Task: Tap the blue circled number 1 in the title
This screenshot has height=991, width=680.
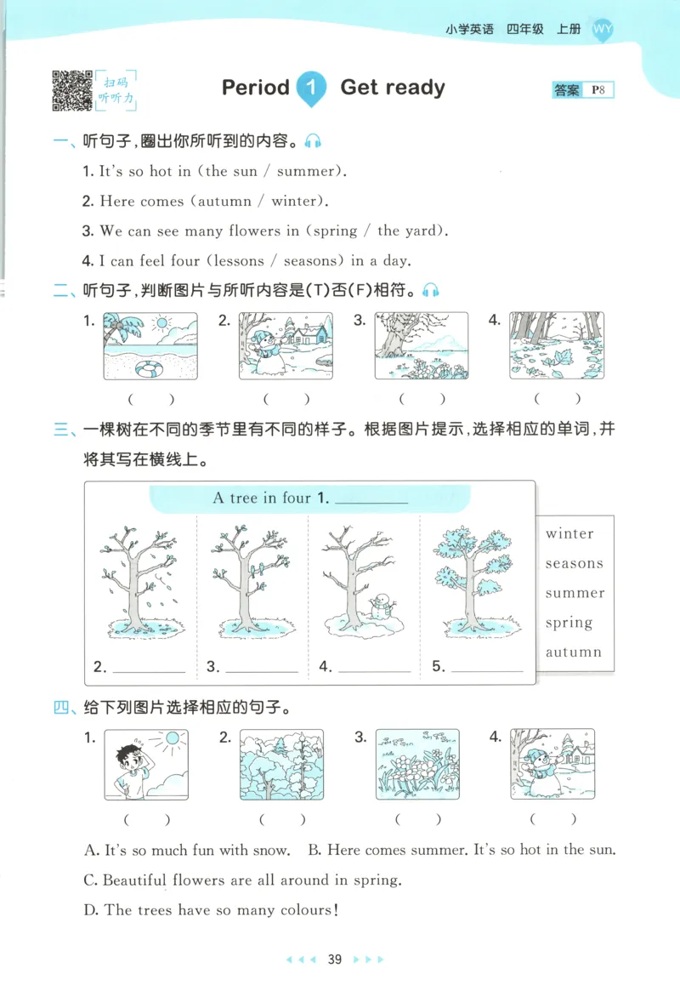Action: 313,88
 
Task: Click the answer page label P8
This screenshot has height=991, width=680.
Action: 598,90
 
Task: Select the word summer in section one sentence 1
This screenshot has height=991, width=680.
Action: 306,171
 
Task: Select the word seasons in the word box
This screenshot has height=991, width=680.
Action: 574,564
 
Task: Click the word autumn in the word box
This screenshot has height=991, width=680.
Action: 573,652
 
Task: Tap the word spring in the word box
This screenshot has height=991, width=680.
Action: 569,623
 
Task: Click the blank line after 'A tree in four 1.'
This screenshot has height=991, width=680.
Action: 372,500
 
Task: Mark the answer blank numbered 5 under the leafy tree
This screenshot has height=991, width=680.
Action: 487,669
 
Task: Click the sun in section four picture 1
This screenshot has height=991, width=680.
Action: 173,739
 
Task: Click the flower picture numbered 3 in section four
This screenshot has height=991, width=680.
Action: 417,764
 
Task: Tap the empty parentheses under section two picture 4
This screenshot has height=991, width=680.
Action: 558,398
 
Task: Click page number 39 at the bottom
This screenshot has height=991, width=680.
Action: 335,960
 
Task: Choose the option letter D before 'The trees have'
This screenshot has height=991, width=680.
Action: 91,910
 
